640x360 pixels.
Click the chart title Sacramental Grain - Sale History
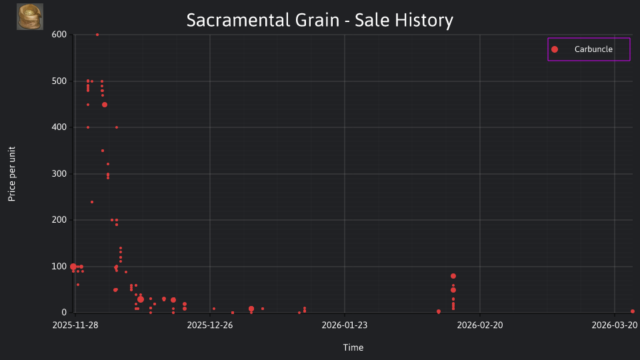pos(319,20)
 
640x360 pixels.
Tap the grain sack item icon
pos(30,17)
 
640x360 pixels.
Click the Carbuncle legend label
pos(593,49)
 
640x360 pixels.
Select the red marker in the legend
pos(555,49)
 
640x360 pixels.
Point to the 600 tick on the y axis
pos(59,35)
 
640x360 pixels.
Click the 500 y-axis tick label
pos(59,81)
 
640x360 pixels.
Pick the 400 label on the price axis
pos(59,127)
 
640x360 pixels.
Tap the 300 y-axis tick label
pos(59,174)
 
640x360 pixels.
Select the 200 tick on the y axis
pos(59,220)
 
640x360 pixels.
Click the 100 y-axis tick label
pos(59,267)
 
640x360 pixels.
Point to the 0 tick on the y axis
pos(64,313)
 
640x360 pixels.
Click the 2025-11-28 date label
pos(75,325)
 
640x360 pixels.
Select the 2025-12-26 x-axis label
pos(210,325)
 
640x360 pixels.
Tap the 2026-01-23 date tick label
pos(345,325)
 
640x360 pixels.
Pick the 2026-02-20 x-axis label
pos(480,325)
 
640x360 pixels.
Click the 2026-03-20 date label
pos(615,325)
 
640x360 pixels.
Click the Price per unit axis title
pos(12,174)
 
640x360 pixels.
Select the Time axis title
pos(353,348)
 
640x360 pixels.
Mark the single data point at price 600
pos(97,35)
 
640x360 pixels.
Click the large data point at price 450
pos(105,105)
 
